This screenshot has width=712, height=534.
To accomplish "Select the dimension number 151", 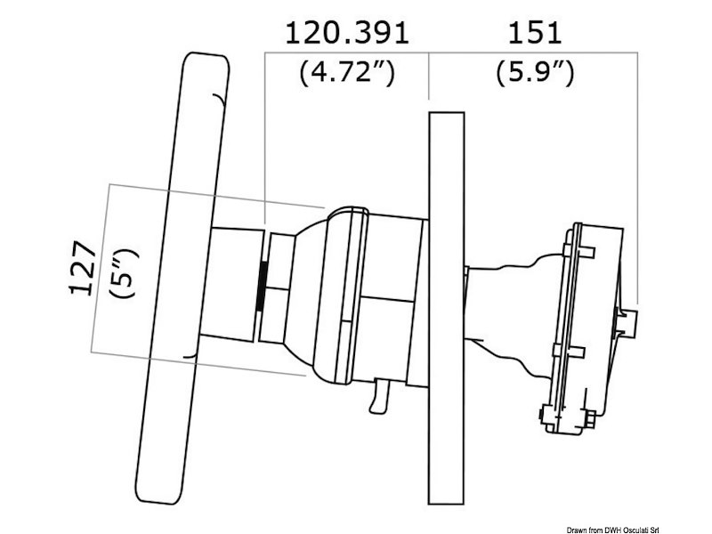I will click(534, 33).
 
